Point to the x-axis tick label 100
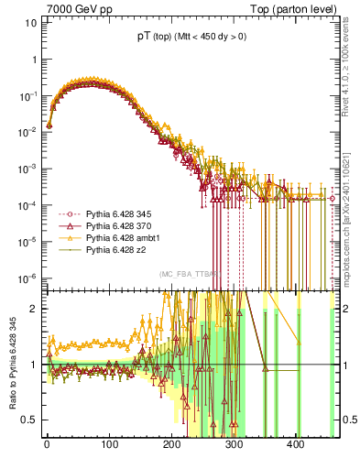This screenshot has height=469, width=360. pos(109,444)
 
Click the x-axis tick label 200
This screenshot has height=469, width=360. pos(171,444)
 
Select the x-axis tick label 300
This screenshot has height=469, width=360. pos(234,444)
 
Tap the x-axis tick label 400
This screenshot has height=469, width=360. pos(296,444)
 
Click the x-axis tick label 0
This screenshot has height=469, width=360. pos(47,444)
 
